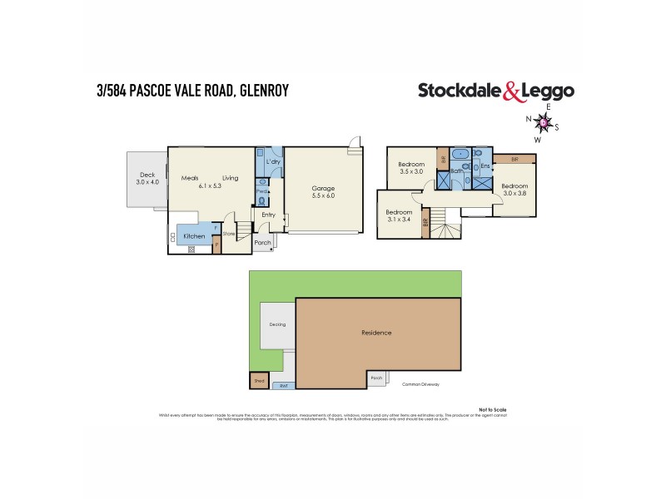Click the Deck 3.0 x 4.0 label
147,179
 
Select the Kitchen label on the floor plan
194,236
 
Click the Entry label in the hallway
268,215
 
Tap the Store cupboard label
228,234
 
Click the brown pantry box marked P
216,245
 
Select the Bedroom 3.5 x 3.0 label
412,168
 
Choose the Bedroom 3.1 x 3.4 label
399,215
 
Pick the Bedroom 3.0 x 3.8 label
514,189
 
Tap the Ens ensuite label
485,167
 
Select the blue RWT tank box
283,385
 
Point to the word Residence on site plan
376,333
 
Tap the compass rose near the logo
544,124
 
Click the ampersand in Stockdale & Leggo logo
510,92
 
